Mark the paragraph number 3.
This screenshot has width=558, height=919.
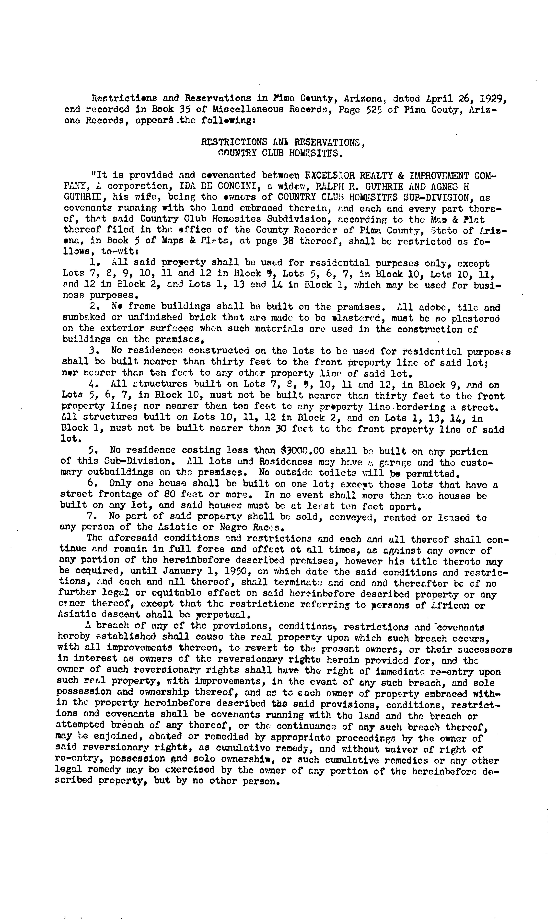(93, 351)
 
